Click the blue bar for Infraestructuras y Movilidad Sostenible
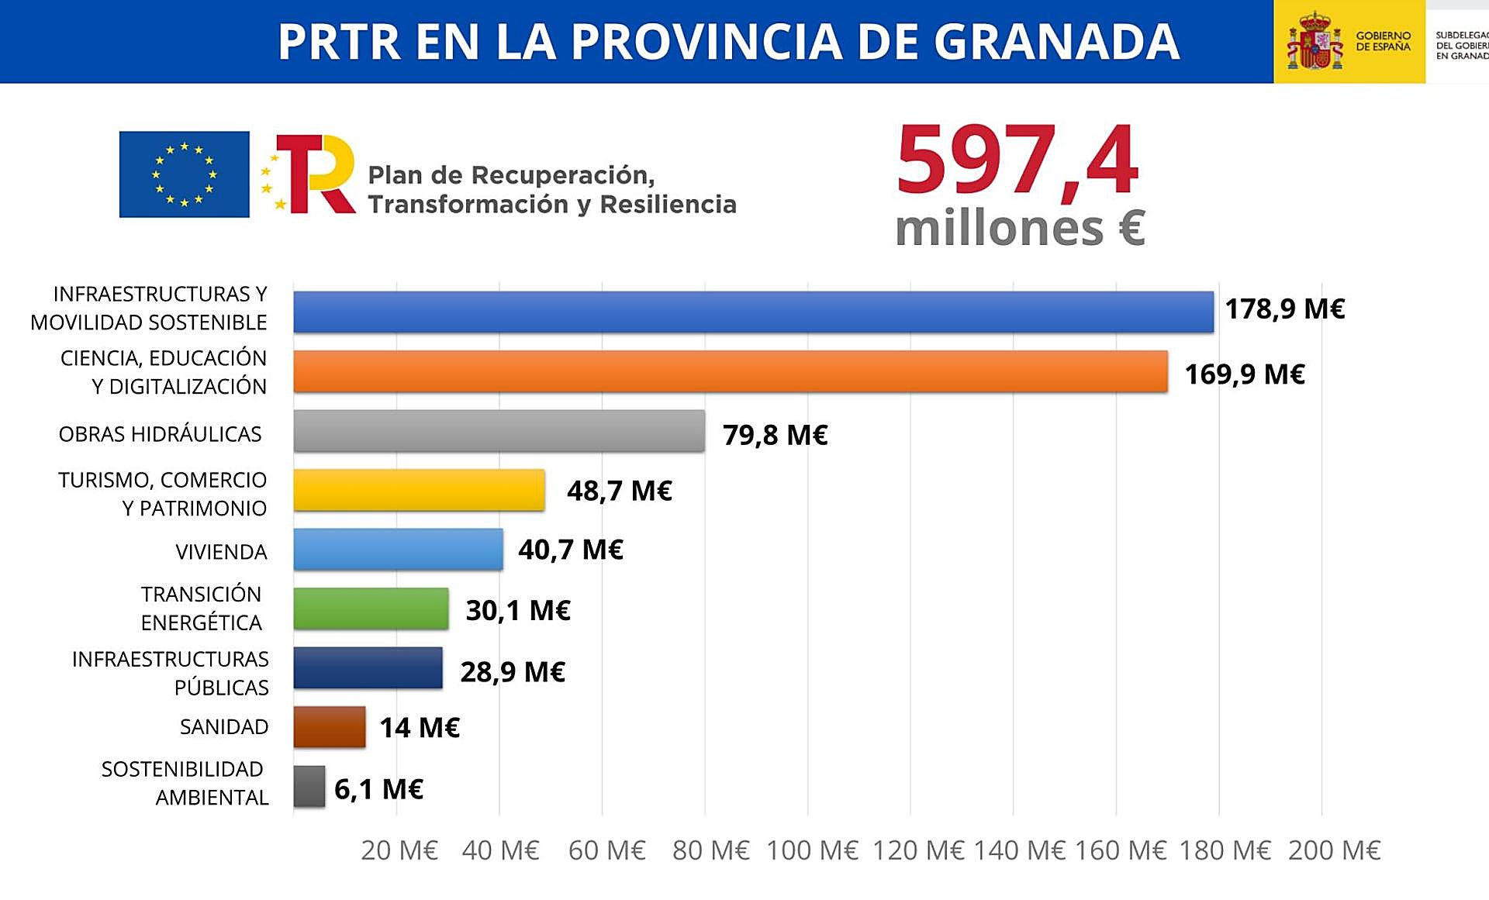[753, 312]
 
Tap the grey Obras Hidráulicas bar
[499, 431]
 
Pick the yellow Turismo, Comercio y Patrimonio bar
[419, 490]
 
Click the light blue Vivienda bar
[398, 550]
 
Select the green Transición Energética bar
[371, 609]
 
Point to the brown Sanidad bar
[329, 727]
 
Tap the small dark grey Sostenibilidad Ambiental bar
[309, 787]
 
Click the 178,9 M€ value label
[1284, 309]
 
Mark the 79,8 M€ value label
[775, 435]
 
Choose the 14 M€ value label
[420, 728]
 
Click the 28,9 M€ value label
[513, 672]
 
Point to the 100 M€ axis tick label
[812, 850]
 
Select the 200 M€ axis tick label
[1334, 850]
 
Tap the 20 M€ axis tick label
[399, 850]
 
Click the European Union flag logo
[185, 174]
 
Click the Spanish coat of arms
[1315, 40]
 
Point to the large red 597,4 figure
[1017, 161]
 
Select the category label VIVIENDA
[221, 552]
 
